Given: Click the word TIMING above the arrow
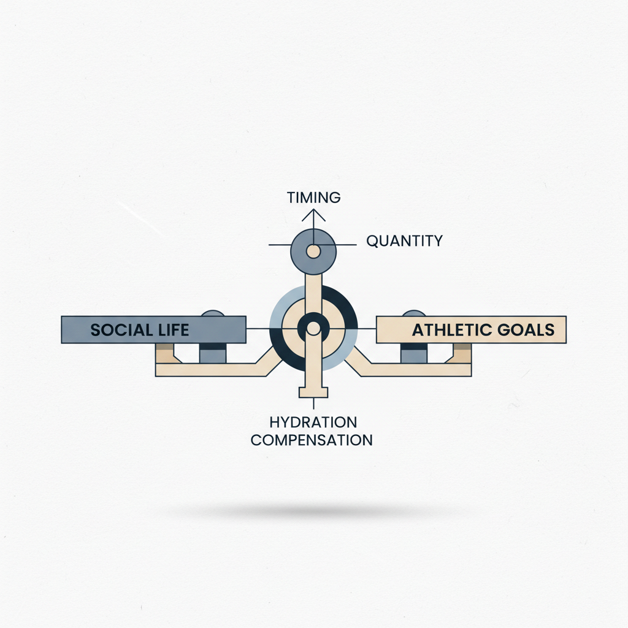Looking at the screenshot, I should pyautogui.click(x=313, y=197).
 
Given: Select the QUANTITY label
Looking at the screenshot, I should pyautogui.click(x=404, y=241).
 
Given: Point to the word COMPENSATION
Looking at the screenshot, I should pyautogui.click(x=312, y=440).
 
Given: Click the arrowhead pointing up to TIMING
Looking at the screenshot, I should pyautogui.click(x=313, y=214).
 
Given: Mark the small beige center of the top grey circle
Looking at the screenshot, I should pyautogui.click(x=313, y=251).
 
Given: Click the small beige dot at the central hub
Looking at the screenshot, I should pyautogui.click(x=313, y=329).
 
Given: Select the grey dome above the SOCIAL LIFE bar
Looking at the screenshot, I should pyautogui.click(x=213, y=313).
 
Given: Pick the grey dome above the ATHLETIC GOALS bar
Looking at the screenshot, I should pyautogui.click(x=414, y=313).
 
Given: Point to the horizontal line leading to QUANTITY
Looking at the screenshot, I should pyautogui.click(x=346, y=245).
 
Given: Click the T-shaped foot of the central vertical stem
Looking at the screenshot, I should pyautogui.click(x=313, y=392).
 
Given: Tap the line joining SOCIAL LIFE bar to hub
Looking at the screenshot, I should pyautogui.click(x=258, y=329).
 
